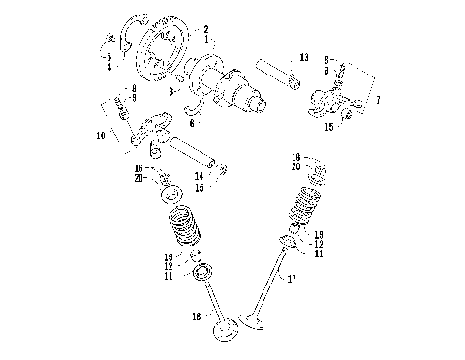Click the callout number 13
303,58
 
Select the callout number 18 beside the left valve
198,315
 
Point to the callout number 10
101,136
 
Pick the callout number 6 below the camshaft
192,122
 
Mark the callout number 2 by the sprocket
204,30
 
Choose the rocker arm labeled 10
151,131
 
